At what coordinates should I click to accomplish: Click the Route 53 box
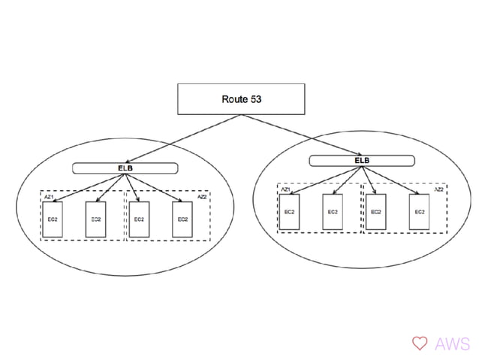click(240, 99)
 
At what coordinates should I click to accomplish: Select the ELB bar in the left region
click(125, 168)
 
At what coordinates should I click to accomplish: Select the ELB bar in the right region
click(362, 160)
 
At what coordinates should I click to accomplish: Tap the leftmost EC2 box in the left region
click(53, 219)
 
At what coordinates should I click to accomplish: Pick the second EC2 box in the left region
click(95, 219)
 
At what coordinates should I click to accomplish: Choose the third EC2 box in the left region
click(139, 219)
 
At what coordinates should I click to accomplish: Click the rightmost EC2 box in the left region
click(182, 219)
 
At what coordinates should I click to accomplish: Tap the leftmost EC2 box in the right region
click(289, 212)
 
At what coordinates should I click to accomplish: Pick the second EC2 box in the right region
click(333, 212)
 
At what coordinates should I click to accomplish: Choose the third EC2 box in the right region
click(375, 212)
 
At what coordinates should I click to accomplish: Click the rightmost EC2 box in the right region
click(419, 212)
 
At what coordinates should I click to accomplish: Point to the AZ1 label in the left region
click(48, 195)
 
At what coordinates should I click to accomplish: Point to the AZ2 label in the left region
click(202, 197)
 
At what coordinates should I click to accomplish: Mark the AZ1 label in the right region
click(285, 189)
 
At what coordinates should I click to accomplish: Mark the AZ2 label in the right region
click(438, 189)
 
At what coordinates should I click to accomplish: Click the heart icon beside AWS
click(419, 343)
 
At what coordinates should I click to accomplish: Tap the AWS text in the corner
click(452, 343)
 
